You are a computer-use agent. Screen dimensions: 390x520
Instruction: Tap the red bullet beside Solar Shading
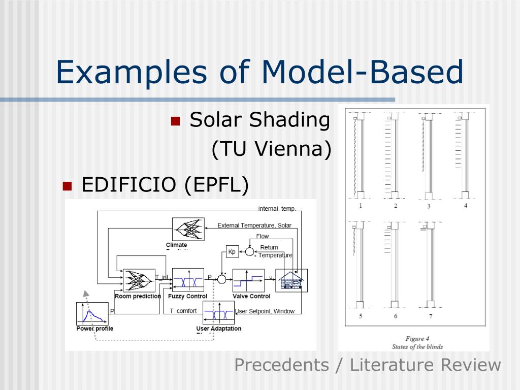pyautogui.click(x=176, y=121)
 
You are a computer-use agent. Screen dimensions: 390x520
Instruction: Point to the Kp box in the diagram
pyautogui.click(x=232, y=251)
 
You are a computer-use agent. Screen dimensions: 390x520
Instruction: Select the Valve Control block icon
pyautogui.click(x=248, y=280)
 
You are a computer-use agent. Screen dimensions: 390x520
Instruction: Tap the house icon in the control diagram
pyautogui.click(x=291, y=280)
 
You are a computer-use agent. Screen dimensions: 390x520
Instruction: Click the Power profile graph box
pyautogui.click(x=92, y=313)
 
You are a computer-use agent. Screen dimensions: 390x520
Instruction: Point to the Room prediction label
pyautogui.click(x=138, y=296)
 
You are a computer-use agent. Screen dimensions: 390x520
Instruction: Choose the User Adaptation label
pyautogui.click(x=219, y=329)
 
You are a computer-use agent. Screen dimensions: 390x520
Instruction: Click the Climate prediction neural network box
pyautogui.click(x=188, y=229)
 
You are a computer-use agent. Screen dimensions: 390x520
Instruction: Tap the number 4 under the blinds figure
pyautogui.click(x=466, y=206)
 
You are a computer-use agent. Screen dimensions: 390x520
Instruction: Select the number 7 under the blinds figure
pyautogui.click(x=430, y=316)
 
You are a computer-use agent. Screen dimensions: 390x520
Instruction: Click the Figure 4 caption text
pyautogui.click(x=417, y=339)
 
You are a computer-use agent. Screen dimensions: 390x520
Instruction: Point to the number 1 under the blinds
pyautogui.click(x=361, y=206)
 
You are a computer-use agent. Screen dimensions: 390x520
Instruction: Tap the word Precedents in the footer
pyautogui.click(x=281, y=365)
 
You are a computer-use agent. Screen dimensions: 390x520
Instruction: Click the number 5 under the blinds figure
pyautogui.click(x=361, y=316)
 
